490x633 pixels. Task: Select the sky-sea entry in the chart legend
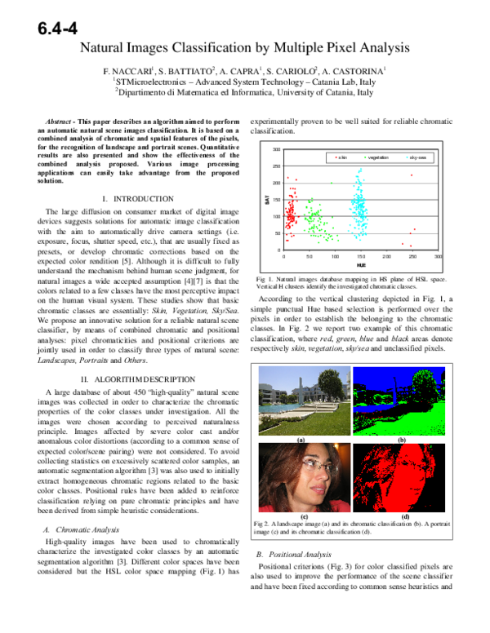point(417,156)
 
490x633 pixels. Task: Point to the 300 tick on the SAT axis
point(276,150)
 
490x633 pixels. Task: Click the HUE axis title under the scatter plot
point(360,266)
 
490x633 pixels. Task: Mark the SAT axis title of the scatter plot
point(267,199)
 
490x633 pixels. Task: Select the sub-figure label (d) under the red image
point(405,516)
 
